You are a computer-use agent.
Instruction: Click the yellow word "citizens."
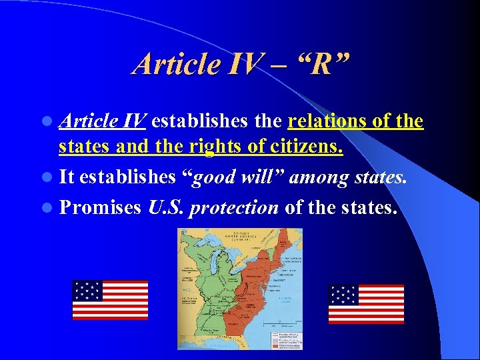coord(303,145)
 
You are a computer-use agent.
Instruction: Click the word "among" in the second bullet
coord(320,177)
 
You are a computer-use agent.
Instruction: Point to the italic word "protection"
coord(234,207)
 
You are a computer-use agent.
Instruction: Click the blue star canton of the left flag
coord(87,290)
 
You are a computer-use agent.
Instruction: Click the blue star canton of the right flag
coord(343,295)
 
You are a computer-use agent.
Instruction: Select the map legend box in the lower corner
coord(284,337)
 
